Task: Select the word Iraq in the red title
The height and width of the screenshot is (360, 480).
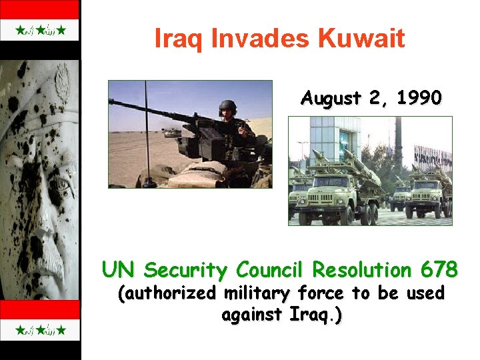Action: pyautogui.click(x=180, y=39)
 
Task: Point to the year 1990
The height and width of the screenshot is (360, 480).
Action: pyautogui.click(x=419, y=98)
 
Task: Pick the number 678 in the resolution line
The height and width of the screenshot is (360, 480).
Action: pyautogui.click(x=439, y=270)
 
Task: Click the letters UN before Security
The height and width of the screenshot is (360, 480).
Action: pyautogui.click(x=119, y=270)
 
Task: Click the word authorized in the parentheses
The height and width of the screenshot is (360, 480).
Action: pyautogui.click(x=173, y=293)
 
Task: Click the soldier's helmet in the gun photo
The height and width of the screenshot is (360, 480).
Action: pyautogui.click(x=227, y=107)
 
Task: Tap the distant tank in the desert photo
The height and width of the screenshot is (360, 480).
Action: pyautogui.click(x=169, y=133)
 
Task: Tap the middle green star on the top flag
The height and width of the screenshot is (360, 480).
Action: pyautogui.click(x=40, y=31)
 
